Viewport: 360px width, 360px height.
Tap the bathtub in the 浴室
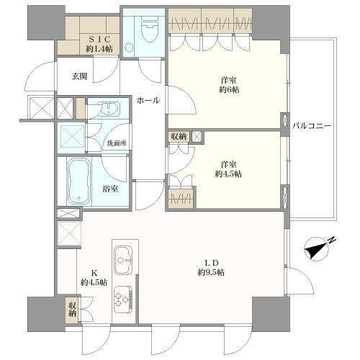[x=79, y=181]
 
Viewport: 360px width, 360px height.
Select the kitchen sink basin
[x=123, y=261]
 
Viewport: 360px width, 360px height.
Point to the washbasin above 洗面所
[x=109, y=109]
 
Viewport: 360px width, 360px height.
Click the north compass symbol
[x=318, y=248]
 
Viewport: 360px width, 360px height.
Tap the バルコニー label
[x=312, y=126]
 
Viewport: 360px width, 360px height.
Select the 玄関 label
[x=79, y=76]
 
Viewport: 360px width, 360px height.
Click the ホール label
[x=148, y=100]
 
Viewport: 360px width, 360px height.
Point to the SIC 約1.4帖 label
[x=99, y=44]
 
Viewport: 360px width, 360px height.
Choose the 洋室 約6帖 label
[x=229, y=85]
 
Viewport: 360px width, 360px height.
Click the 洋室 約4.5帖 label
[x=228, y=169]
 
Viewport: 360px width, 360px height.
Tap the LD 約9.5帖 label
[x=211, y=268]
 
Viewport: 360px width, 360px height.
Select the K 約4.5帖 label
[x=94, y=278]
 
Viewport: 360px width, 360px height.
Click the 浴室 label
[x=110, y=189]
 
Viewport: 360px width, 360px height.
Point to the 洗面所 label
[x=117, y=143]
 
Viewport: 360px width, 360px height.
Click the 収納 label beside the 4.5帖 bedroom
[x=179, y=137]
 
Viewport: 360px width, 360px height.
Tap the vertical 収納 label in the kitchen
[x=73, y=310]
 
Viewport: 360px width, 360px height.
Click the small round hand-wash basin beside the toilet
[x=129, y=48]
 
